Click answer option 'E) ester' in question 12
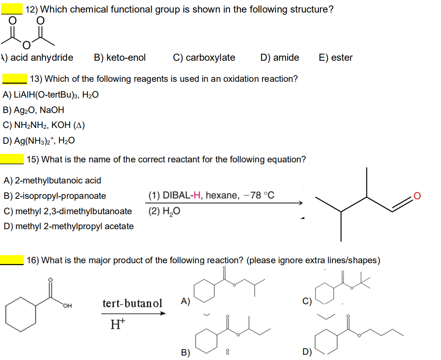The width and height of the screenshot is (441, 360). (x=335, y=58)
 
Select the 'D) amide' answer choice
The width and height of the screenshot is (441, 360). (x=280, y=58)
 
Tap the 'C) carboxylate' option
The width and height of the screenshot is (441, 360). (x=204, y=58)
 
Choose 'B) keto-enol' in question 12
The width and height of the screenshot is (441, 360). (x=120, y=58)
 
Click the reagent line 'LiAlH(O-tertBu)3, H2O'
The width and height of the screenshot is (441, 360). (x=51, y=95)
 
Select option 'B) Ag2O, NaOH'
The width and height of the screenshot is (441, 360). (x=33, y=110)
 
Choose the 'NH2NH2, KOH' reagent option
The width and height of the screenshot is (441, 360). (x=44, y=125)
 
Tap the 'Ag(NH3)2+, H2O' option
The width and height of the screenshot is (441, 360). (x=39, y=141)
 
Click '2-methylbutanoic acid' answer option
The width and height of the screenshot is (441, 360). (x=52, y=180)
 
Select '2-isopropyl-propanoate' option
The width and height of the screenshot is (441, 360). (x=55, y=196)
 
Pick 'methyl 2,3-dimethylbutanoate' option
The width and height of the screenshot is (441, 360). (x=68, y=211)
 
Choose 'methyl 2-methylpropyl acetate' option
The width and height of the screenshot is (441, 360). (x=68, y=226)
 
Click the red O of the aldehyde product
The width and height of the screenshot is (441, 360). (x=418, y=196)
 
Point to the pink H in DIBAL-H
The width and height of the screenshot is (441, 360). (x=197, y=195)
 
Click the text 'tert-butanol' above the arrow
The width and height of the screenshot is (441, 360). (x=132, y=303)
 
